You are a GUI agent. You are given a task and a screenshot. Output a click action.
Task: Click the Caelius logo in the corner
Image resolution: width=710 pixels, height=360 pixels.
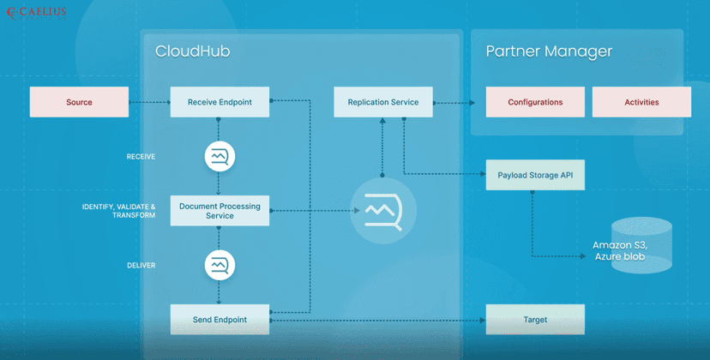tap(35, 13)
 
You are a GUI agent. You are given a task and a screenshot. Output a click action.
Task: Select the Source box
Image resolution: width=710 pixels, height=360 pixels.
tap(79, 102)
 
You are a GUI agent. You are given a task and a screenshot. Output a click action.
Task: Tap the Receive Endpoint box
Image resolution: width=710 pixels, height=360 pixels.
tap(220, 102)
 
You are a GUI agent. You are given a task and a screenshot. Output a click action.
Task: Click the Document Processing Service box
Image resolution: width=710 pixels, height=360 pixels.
tap(220, 210)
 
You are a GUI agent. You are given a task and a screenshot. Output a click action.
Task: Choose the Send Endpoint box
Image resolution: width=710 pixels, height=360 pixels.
tap(220, 320)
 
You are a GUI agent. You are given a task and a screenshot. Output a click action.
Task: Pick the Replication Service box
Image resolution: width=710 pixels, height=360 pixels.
tap(382, 102)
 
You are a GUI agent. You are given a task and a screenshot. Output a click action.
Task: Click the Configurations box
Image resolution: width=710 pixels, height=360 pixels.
tap(535, 102)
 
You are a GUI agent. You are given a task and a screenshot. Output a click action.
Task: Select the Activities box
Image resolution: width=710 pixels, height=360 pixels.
tap(641, 102)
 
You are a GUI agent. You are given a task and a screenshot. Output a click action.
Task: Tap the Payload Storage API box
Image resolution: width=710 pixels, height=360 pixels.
tap(535, 175)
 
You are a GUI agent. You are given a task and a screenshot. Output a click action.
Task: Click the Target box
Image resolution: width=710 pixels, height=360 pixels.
tap(535, 320)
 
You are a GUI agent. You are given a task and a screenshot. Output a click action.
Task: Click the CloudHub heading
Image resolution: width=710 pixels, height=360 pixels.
tap(192, 51)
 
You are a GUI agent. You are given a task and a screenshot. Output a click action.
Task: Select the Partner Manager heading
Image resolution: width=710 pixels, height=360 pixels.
tap(549, 51)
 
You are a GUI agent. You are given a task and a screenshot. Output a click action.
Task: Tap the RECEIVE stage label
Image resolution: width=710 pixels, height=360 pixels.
tap(141, 157)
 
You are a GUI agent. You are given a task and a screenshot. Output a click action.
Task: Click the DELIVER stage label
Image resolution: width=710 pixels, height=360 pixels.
tap(141, 266)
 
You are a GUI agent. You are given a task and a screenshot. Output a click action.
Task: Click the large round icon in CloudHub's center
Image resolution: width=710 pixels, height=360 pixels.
tap(382, 210)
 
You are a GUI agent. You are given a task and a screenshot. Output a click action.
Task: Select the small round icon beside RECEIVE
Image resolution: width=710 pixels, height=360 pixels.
tap(220, 157)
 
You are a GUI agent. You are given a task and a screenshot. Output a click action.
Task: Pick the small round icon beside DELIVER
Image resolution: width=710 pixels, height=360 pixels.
tap(220, 266)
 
